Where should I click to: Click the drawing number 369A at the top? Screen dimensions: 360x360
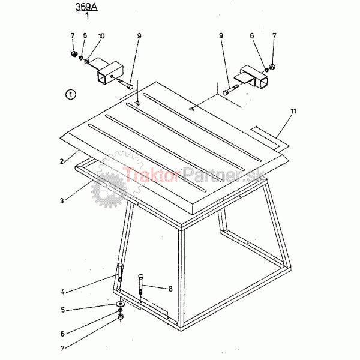(x=86, y=7)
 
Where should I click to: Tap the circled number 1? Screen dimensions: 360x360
(x=70, y=94)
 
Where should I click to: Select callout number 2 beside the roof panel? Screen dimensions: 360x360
(x=62, y=161)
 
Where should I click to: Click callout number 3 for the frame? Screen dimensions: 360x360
(x=62, y=200)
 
